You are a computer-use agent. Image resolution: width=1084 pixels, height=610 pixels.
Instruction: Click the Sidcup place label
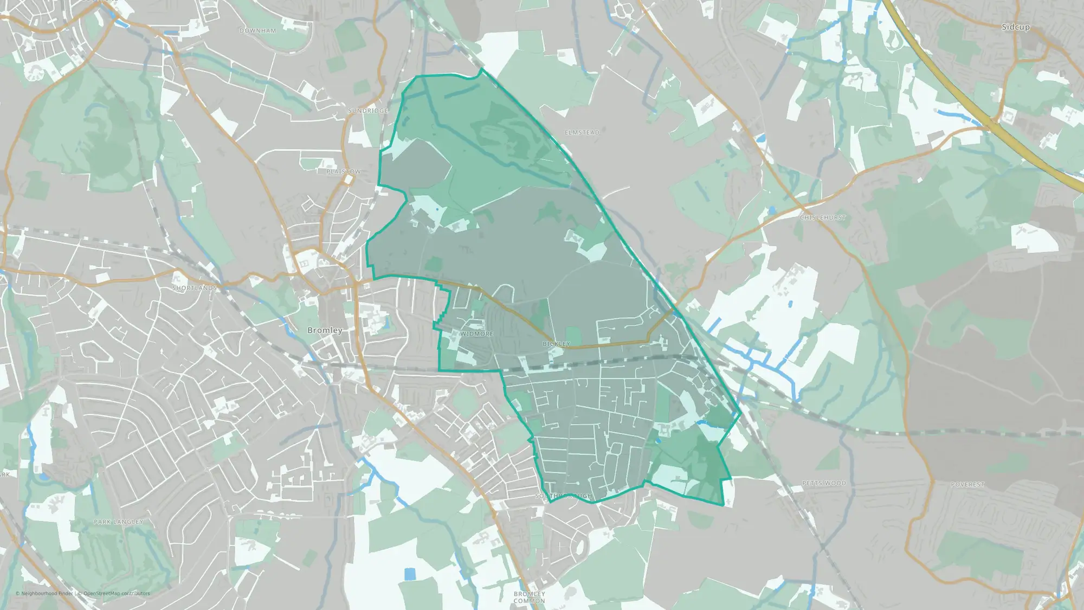click(1015, 27)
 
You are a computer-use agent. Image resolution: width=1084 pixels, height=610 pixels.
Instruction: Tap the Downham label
click(257, 31)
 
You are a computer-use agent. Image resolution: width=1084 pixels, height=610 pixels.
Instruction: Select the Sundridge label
click(368, 111)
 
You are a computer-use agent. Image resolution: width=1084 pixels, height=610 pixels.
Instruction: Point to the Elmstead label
click(582, 132)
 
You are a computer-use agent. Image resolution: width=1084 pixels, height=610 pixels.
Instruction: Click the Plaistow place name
click(344, 171)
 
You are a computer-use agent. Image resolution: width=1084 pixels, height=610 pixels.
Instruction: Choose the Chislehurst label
click(823, 217)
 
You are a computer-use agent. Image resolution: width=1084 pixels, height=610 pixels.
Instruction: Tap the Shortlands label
click(195, 288)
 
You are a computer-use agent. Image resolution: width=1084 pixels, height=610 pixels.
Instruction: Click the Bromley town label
click(325, 330)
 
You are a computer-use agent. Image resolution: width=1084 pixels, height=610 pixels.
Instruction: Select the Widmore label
click(476, 334)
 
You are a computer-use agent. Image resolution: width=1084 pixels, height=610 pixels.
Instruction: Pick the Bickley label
click(556, 344)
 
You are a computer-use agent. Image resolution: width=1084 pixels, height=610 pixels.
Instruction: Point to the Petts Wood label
click(824, 483)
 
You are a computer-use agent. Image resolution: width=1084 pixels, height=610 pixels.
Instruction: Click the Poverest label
click(967, 485)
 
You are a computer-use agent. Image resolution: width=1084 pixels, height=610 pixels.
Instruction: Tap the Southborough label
click(564, 496)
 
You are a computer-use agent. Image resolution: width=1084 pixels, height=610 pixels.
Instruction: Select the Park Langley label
click(118, 522)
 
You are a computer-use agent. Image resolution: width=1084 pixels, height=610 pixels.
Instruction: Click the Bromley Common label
click(530, 598)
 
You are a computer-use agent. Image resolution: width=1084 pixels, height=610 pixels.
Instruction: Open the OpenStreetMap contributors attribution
click(117, 593)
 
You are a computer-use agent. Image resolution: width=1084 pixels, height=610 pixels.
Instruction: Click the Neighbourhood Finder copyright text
click(44, 593)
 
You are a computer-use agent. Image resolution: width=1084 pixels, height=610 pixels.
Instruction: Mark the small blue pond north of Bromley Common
click(410, 574)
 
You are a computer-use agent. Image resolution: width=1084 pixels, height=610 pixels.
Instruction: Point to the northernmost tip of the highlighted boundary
click(482, 69)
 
